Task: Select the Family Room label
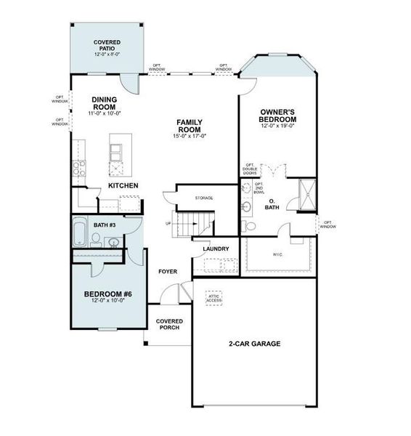(x=189, y=126)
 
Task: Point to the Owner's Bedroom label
(x=279, y=115)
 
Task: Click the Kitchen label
(x=123, y=186)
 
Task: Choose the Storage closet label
(x=203, y=198)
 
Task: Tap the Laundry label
(x=216, y=249)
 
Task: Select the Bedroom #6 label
(x=107, y=294)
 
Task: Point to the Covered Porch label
(x=169, y=324)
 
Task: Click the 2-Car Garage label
(x=256, y=344)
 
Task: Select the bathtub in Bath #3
(x=80, y=233)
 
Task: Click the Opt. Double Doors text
(x=251, y=169)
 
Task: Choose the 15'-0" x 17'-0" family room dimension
(x=189, y=136)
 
